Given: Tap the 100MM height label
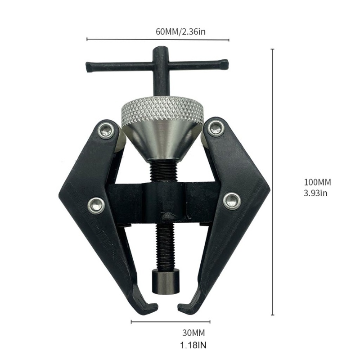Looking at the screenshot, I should [318, 183].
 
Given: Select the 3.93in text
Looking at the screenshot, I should [317, 193].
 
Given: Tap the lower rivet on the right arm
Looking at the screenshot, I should [232, 199].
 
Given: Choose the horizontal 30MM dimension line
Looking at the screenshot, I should [171, 322].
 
